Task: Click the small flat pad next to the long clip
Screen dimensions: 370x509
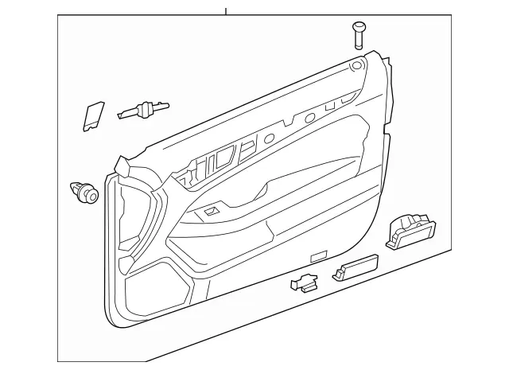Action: pyautogui.click(x=94, y=116)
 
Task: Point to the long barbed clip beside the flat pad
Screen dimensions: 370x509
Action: pyautogui.click(x=143, y=109)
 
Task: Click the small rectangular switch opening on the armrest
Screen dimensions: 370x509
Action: pyautogui.click(x=212, y=211)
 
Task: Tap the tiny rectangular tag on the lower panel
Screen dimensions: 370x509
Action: pyautogui.click(x=317, y=256)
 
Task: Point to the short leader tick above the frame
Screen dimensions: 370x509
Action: pyautogui.click(x=226, y=11)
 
